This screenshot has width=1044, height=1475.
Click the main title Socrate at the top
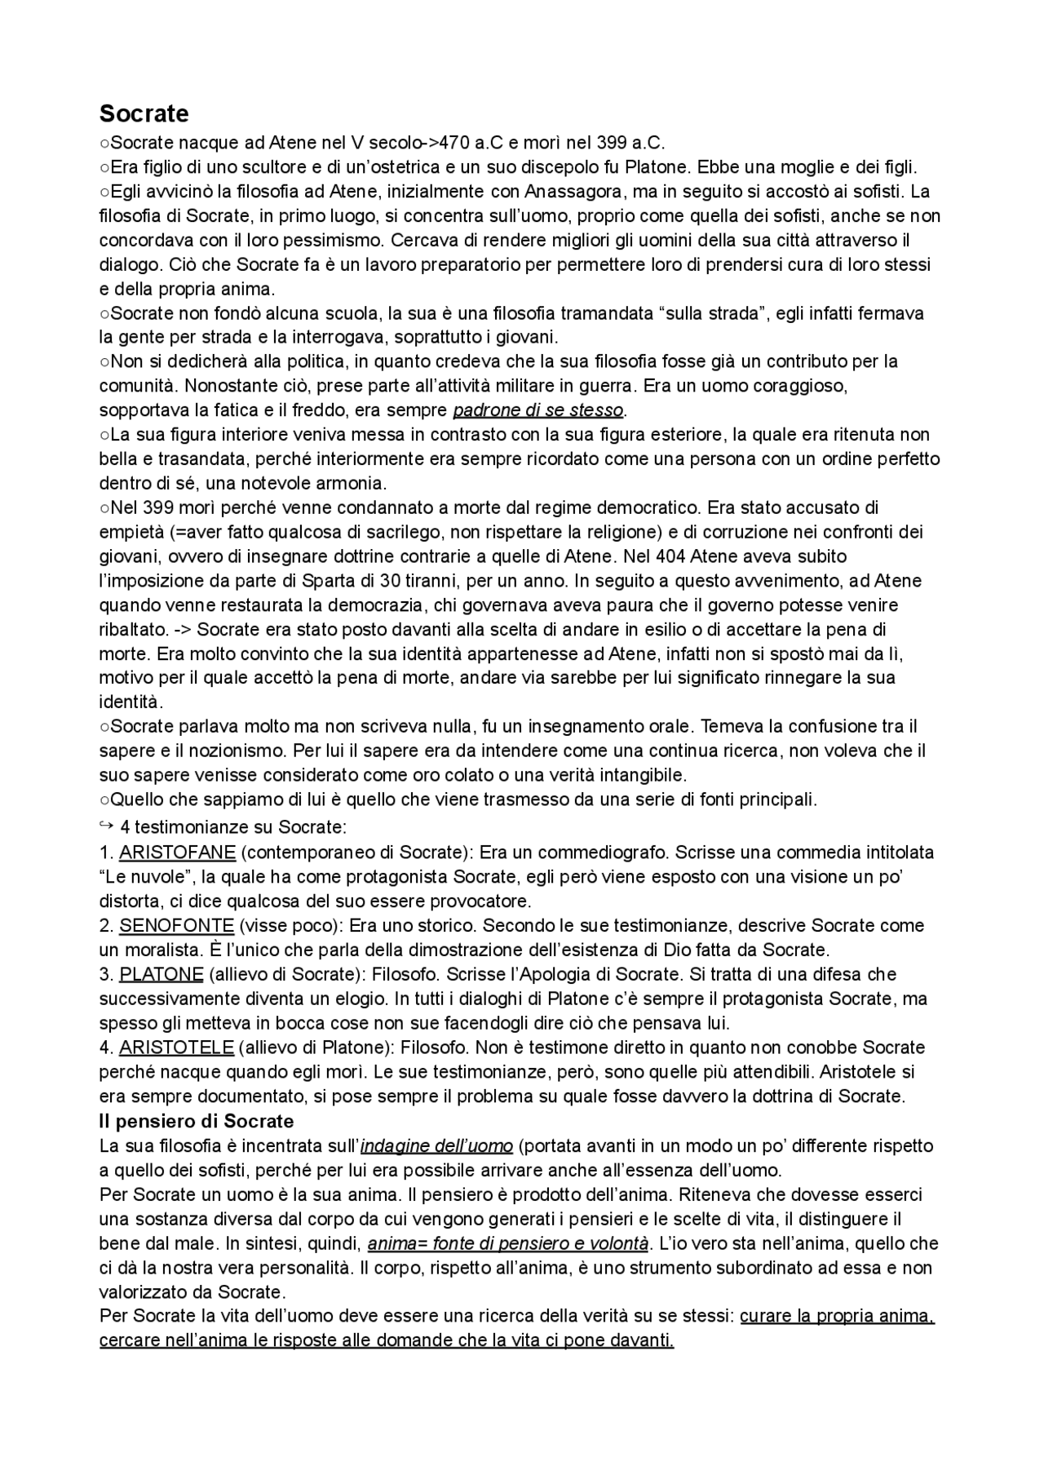144,113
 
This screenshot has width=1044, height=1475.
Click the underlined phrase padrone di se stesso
537,410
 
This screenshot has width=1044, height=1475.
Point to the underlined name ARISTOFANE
177,853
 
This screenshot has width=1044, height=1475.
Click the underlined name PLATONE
161,974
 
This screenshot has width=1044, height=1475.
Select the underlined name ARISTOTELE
176,1048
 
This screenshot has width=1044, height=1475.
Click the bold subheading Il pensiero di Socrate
196,1121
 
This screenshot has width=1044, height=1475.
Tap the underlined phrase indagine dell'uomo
436,1146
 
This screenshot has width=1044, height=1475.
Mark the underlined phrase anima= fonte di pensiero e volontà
508,1244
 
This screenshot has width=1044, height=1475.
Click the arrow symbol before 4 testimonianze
105,826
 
